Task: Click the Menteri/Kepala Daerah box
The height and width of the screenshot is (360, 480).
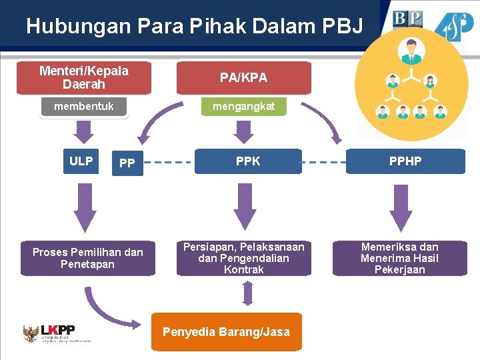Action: point(84,78)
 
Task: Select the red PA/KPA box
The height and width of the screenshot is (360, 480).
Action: point(243,78)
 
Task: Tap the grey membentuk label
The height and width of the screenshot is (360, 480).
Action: point(84,107)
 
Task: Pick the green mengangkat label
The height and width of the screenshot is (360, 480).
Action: point(243,107)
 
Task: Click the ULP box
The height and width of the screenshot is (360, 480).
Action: point(81,161)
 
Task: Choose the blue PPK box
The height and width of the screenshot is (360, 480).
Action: point(247,161)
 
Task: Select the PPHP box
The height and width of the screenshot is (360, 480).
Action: point(405,161)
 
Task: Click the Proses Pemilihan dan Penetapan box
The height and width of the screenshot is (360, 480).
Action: point(87,259)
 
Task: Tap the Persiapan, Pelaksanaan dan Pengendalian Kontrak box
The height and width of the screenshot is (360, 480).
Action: point(243,259)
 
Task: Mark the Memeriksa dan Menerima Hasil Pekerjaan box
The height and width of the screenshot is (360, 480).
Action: point(399,259)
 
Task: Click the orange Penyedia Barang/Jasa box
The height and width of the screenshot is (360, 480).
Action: point(226,331)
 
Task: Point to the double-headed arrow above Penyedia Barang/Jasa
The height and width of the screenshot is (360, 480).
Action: point(247,293)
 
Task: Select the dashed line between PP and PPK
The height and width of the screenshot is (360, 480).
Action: point(168,161)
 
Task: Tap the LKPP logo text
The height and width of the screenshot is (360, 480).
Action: point(58,330)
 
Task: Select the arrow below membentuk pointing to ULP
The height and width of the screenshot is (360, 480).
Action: point(84,131)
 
